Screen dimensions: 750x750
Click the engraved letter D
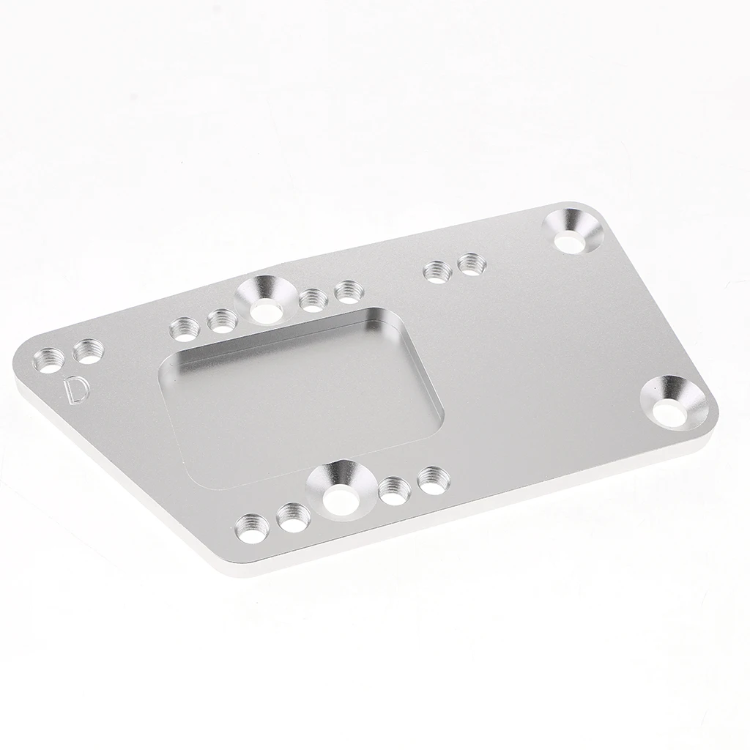pyautogui.click(x=75, y=390)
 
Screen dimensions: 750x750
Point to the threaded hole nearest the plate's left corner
pyautogui.click(x=51, y=360)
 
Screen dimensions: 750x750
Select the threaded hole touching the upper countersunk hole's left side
pyautogui.click(x=221, y=320)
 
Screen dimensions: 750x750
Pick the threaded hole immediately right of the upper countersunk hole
pyautogui.click(x=313, y=299)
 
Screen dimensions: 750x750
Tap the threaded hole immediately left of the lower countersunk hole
pyautogui.click(x=293, y=517)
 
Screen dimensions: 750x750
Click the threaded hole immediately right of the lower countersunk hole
pyautogui.click(x=393, y=489)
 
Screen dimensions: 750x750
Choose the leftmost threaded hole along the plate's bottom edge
pyautogui.click(x=253, y=527)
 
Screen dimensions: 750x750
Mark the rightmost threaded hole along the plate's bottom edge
pyautogui.click(x=432, y=480)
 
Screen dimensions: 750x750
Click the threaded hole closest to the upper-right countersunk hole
pyautogui.click(x=471, y=263)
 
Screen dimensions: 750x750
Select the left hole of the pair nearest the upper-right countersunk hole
pyautogui.click(x=437, y=272)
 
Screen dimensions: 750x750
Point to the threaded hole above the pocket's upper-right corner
pyautogui.click(x=347, y=292)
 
